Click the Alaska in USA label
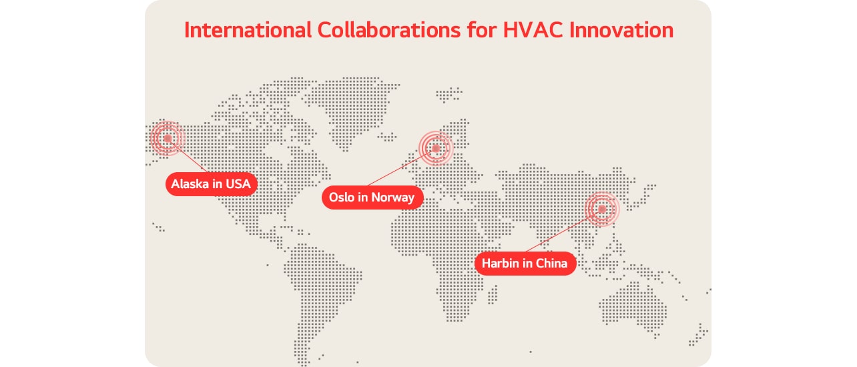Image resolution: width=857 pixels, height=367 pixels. tap(212, 183)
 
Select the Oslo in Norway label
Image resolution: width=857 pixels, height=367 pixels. tap(372, 197)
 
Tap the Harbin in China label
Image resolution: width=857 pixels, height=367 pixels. tap(525, 263)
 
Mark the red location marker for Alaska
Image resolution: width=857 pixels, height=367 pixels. tap(167, 138)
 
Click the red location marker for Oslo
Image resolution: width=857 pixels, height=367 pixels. tap(435, 148)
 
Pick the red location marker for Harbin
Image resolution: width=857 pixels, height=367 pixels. tap(601, 209)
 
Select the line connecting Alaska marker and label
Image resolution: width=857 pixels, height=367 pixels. tap(188, 159)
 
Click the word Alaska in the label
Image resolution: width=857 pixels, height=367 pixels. tap(190, 183)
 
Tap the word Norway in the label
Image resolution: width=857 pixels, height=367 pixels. tap(394, 197)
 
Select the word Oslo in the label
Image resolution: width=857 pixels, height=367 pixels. tap(342, 197)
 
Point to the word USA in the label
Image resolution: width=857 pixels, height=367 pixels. tap(238, 183)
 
